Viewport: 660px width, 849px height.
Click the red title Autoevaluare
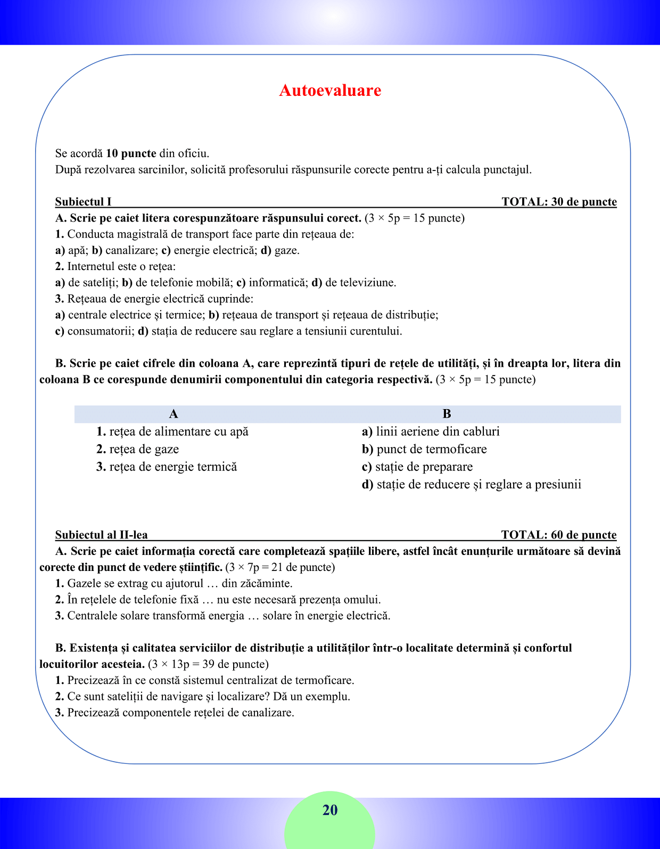[x=330, y=91]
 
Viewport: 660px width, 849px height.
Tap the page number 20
[x=330, y=810]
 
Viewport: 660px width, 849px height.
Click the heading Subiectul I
[x=83, y=202]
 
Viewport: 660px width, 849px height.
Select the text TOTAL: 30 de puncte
[x=559, y=202]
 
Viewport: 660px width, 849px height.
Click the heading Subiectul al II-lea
[x=101, y=535]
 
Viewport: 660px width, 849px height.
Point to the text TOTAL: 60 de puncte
[x=559, y=535]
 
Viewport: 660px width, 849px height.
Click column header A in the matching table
[x=174, y=414]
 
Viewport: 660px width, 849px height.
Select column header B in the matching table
[x=447, y=414]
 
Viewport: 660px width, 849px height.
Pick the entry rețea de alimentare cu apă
[x=178, y=431]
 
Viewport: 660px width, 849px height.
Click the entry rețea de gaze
[x=144, y=449]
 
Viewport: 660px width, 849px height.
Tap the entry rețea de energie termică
[x=173, y=467]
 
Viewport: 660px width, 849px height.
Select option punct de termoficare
[x=431, y=449]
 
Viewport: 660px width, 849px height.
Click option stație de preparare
[x=424, y=467]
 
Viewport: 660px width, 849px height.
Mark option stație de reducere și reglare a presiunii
[x=478, y=484]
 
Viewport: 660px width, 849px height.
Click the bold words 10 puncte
[x=131, y=153]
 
